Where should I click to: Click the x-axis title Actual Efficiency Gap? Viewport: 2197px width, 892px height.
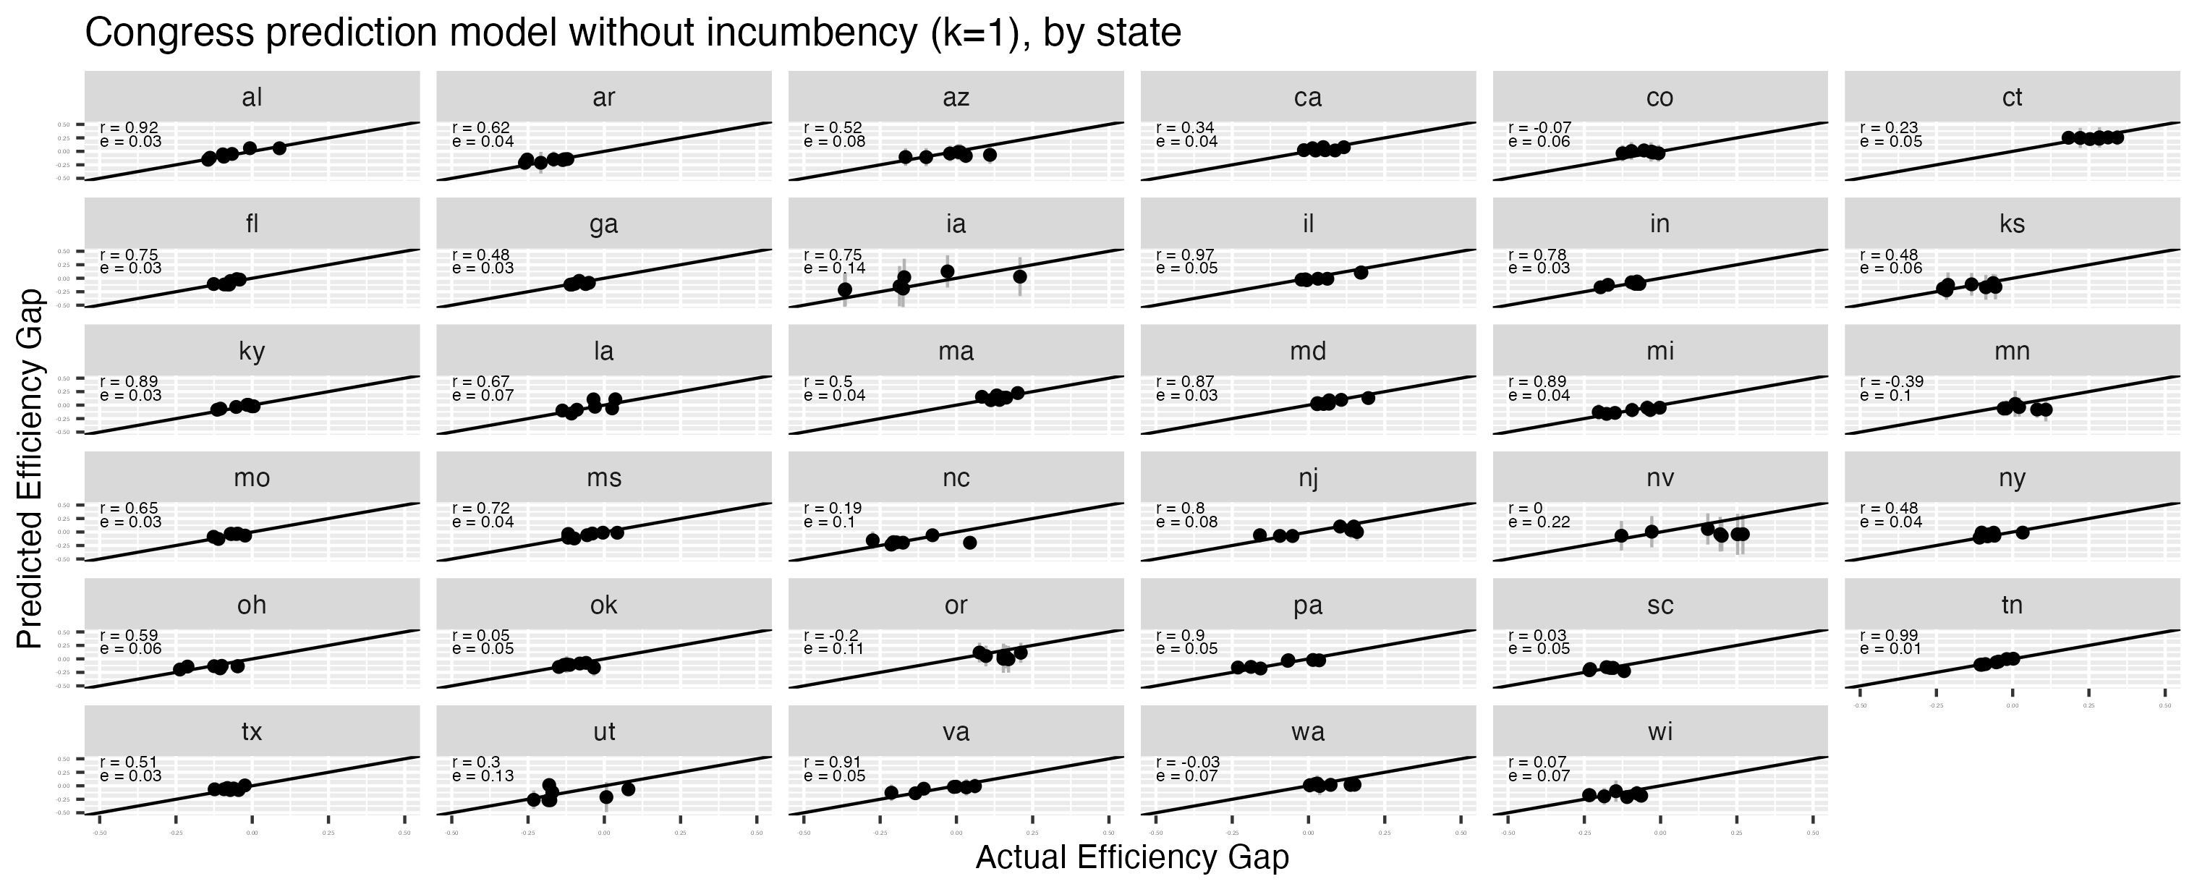1131,858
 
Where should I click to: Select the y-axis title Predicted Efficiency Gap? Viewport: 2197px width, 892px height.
30,469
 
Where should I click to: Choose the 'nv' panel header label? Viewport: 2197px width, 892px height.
1660,478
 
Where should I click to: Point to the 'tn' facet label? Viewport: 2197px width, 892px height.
2012,606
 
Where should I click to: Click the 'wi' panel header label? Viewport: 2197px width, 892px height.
1660,731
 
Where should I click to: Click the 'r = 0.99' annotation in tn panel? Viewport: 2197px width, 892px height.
1889,635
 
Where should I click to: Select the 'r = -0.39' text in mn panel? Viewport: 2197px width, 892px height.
1892,381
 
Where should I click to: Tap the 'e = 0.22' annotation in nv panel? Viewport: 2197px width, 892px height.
1539,522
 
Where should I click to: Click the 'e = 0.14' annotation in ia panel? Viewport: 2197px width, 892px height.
834,268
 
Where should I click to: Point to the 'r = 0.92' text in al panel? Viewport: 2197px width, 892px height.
129,128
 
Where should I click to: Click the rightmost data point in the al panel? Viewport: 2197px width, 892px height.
279,148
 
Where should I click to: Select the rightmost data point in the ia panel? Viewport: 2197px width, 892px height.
1020,276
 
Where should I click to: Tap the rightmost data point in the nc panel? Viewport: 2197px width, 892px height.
969,543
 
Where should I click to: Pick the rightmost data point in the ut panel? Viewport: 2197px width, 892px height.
629,789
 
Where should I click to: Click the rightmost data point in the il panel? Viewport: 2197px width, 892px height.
1361,272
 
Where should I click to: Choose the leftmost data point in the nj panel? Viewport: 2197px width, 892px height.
1259,535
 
